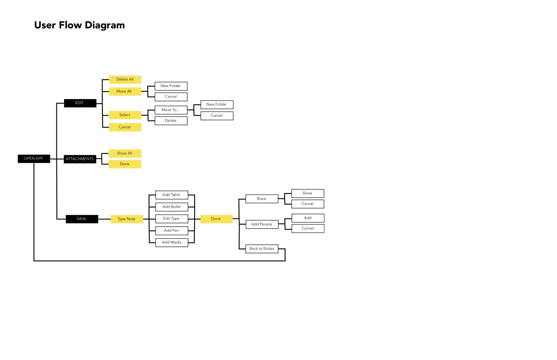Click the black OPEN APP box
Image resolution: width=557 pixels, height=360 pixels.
click(x=34, y=159)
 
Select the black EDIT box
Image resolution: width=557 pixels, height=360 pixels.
click(x=80, y=103)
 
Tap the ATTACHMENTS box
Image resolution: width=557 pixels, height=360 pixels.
click(x=80, y=159)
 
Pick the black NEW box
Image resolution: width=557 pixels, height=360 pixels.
click(x=82, y=219)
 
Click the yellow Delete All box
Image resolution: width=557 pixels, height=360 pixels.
click(x=125, y=79)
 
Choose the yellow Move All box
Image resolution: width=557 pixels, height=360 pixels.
click(x=125, y=91)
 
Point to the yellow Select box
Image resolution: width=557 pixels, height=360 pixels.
click(x=125, y=115)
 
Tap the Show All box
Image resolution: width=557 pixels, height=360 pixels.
click(x=125, y=153)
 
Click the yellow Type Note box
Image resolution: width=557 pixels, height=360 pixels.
click(x=127, y=219)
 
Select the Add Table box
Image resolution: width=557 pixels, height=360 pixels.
click(x=172, y=195)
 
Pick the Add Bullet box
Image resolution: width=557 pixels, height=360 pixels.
click(x=172, y=207)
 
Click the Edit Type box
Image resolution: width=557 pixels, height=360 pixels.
click(x=172, y=218)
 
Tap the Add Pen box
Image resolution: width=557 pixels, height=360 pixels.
click(x=172, y=230)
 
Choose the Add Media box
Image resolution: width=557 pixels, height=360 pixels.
click(x=172, y=242)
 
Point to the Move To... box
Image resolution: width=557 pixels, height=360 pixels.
click(x=171, y=110)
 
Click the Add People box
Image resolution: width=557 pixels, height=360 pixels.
click(x=262, y=224)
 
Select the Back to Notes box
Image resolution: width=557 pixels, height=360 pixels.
click(x=262, y=249)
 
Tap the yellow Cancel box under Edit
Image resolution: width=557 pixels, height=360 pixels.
click(x=125, y=127)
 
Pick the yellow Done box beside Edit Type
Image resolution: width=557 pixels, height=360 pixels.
click(x=216, y=219)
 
